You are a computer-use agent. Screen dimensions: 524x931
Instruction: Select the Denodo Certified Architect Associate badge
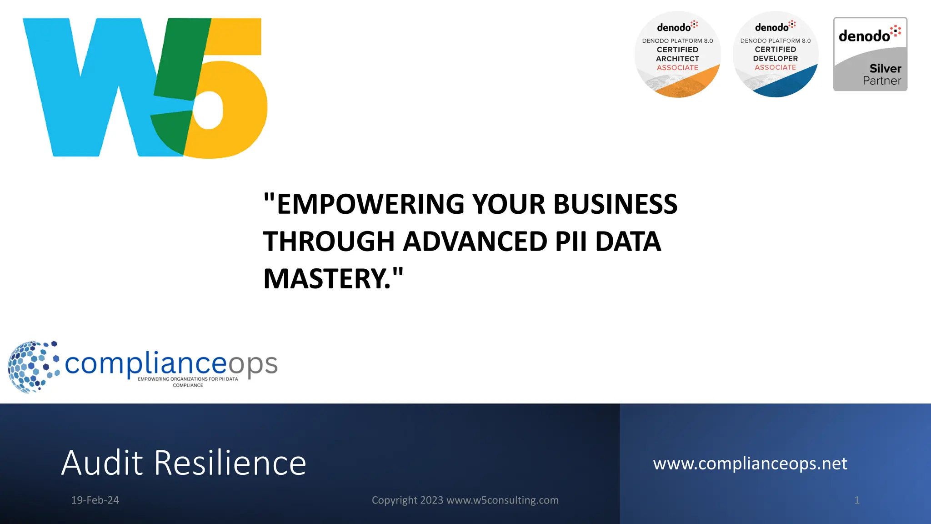coord(677,54)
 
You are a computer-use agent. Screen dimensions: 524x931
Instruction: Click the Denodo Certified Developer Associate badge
coord(776,54)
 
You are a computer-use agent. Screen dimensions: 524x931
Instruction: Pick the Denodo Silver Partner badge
coord(870,54)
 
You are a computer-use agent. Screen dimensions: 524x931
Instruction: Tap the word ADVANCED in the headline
coord(475,241)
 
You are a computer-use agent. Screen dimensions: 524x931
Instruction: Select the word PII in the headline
coord(571,241)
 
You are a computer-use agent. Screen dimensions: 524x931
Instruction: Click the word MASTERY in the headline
coord(327,278)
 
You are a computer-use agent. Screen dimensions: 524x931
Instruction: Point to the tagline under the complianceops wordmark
coord(188,382)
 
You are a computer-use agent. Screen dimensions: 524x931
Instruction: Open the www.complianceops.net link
coord(750,464)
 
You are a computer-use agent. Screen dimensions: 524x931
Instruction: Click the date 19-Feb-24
coord(95,500)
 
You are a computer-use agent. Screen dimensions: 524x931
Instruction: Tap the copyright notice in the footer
coord(465,500)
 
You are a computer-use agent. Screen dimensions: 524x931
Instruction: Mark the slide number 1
coord(857,500)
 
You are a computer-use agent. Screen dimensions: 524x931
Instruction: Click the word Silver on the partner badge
coord(885,69)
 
